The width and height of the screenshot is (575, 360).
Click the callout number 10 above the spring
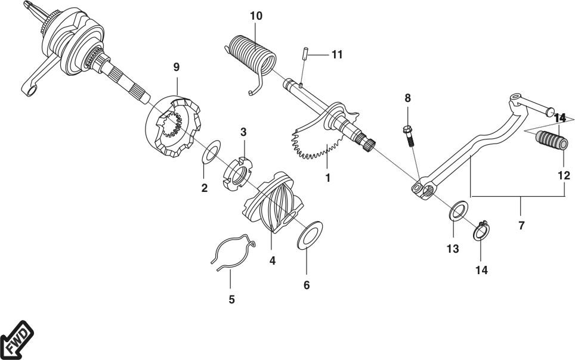click(256, 16)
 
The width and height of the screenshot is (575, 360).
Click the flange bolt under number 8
click(409, 136)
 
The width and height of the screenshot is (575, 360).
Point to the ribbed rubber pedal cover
click(552, 141)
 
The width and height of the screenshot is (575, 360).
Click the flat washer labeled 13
click(458, 210)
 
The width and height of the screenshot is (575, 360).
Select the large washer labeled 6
click(310, 235)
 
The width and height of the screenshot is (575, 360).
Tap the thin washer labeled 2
click(212, 151)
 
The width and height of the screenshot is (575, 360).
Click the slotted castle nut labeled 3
click(237, 173)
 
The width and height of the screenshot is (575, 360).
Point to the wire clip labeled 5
click(233, 252)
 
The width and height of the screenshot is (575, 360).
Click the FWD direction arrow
click(17, 340)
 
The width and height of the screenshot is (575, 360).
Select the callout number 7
click(521, 225)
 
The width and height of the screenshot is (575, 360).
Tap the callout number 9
click(177, 67)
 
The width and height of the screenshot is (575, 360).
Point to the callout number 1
click(328, 178)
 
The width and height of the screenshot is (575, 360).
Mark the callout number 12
click(564, 176)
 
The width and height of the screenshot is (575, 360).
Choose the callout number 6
click(307, 285)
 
